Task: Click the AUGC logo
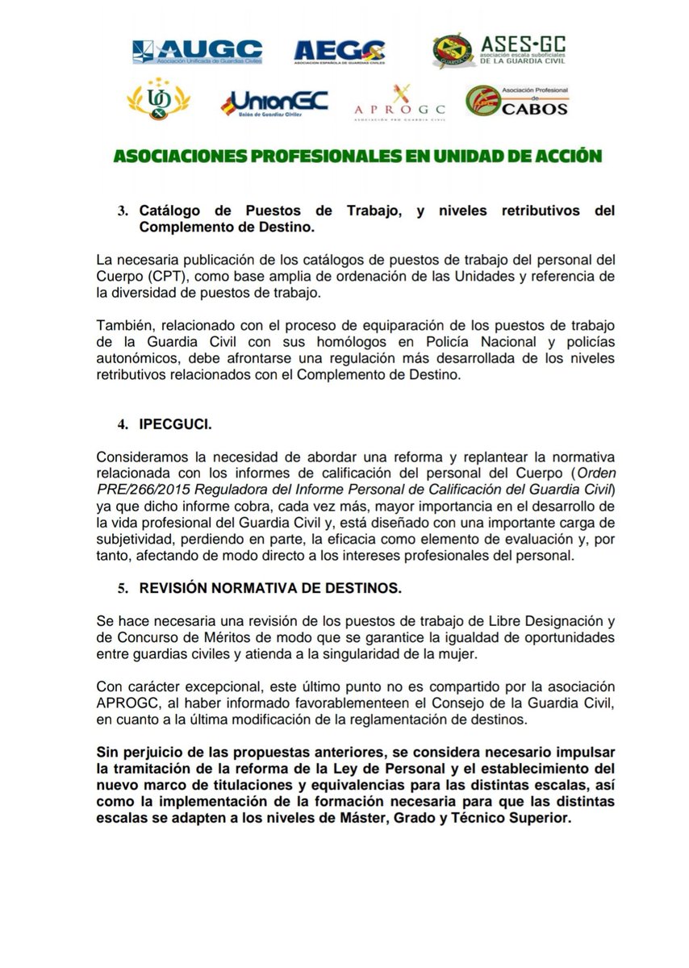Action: click(197, 51)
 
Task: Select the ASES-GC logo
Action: click(498, 50)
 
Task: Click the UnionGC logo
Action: click(274, 103)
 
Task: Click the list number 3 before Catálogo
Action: click(123, 211)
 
